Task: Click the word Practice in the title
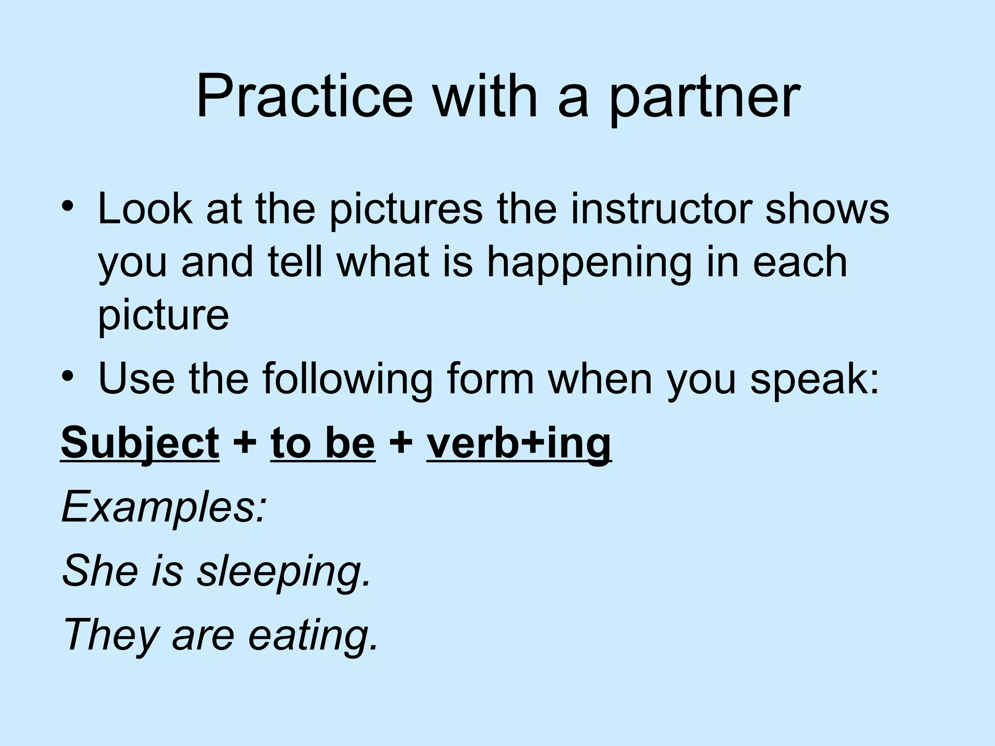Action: click(304, 97)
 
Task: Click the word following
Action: click(348, 379)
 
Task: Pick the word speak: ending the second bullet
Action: click(815, 379)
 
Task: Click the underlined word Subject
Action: click(140, 443)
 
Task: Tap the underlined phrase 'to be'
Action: click(323, 443)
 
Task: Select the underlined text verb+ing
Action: click(518, 443)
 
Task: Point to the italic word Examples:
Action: click(164, 508)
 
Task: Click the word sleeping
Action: click(284, 570)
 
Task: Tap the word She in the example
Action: click(100, 570)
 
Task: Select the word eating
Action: click(313, 634)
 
